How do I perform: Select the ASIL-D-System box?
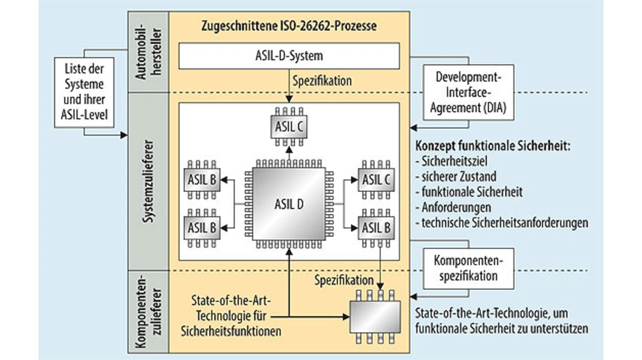click(289, 56)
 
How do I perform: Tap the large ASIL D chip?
click(289, 205)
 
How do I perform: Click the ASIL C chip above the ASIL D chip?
click(289, 127)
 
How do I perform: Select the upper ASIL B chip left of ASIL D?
click(203, 179)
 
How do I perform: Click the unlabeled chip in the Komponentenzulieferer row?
click(376, 316)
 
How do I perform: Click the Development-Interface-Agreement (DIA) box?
click(468, 92)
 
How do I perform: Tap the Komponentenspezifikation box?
click(468, 268)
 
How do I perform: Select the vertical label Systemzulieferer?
click(149, 181)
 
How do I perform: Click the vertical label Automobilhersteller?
click(149, 52)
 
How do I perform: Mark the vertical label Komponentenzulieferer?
click(149, 311)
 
